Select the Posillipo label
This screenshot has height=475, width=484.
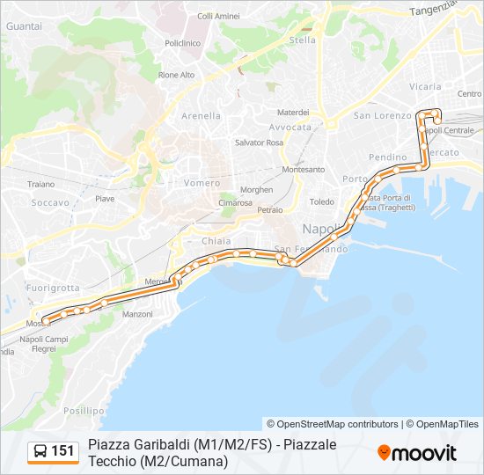click(84, 410)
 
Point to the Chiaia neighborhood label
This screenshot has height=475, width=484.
click(216, 241)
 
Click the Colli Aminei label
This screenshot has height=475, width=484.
click(218, 16)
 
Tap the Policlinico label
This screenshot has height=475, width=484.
click(182, 42)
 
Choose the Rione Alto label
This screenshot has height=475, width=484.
click(176, 75)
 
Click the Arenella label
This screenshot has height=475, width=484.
click(201, 116)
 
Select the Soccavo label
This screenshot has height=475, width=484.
click(50, 202)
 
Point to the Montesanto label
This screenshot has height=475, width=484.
click(304, 169)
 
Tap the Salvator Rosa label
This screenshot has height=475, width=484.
click(259, 142)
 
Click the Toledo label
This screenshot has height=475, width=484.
click(321, 201)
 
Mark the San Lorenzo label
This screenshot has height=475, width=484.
click(382, 115)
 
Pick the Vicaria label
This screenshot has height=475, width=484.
click(425, 86)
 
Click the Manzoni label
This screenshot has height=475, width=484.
click(138, 314)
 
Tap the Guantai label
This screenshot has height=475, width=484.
click(23, 27)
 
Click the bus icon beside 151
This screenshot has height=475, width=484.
click(40, 451)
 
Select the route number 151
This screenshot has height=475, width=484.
click(63, 451)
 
